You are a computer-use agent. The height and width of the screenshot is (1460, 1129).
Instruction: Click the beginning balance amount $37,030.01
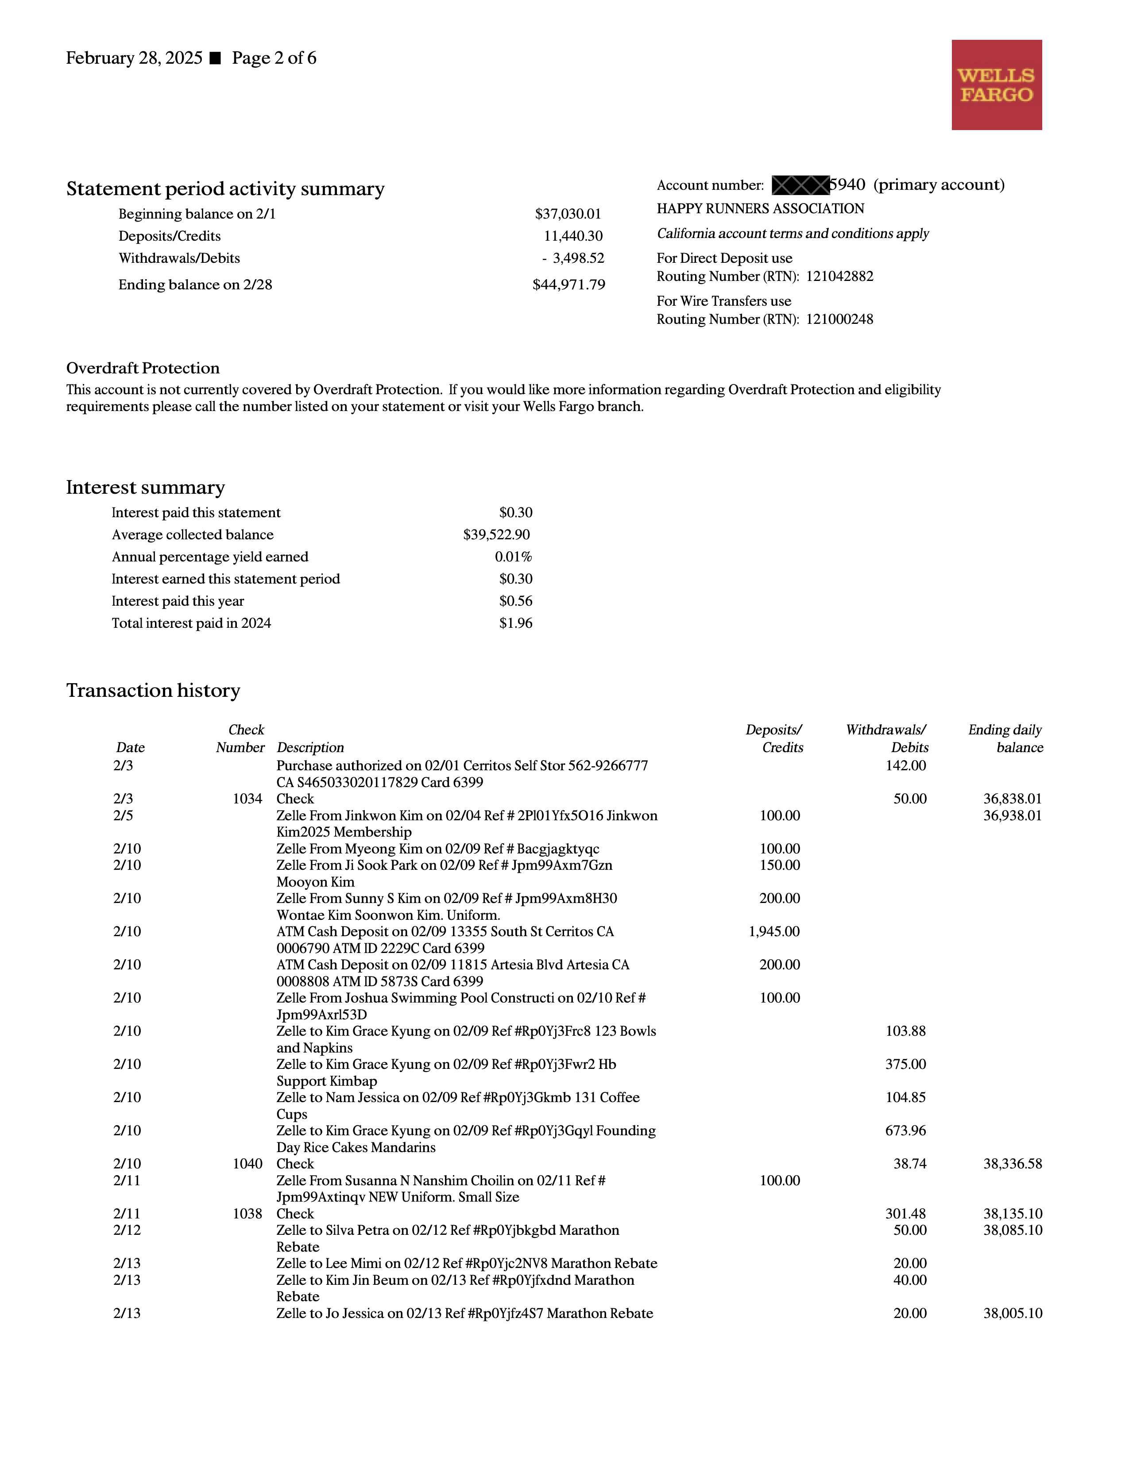[568, 214]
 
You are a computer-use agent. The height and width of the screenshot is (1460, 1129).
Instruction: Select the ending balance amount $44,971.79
[568, 285]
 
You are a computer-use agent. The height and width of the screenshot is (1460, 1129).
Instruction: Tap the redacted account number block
[800, 185]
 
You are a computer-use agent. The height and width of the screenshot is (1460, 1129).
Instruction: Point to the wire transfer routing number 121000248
[839, 319]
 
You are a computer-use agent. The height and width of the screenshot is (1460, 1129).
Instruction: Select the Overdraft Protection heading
[143, 369]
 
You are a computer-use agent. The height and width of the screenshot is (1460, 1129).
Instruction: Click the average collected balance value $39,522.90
[496, 535]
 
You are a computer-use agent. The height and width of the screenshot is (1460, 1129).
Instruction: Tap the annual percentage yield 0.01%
[513, 557]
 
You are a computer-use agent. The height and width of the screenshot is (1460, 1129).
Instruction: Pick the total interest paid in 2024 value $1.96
[516, 623]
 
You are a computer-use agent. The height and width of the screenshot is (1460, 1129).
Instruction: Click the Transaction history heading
[153, 691]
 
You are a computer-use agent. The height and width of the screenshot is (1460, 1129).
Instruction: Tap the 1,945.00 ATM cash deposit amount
[774, 932]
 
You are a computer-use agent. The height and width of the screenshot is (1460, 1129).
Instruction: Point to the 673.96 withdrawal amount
[905, 1131]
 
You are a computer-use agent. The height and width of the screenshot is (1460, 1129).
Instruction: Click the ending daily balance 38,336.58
[1012, 1164]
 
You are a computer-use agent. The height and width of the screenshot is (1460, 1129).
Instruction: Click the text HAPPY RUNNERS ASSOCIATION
[760, 208]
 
